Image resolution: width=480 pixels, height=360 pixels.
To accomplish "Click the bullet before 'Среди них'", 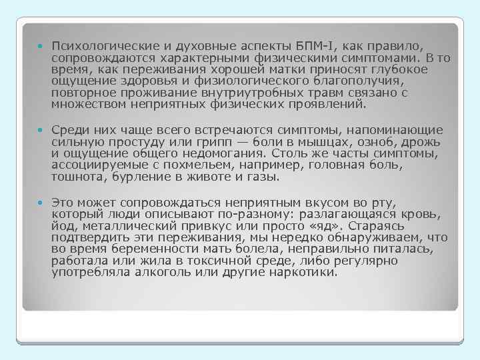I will pyautogui.click(x=40, y=130).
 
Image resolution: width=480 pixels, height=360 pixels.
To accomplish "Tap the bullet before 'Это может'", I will pyautogui.click(x=40, y=202).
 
